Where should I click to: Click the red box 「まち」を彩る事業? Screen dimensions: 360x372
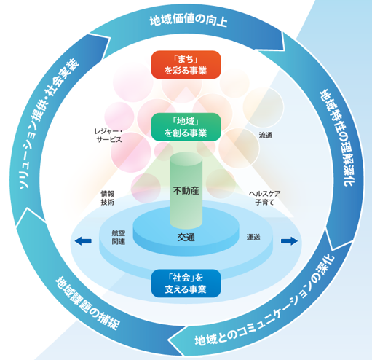pos(185,64)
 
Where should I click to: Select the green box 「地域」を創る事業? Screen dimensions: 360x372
pos(185,126)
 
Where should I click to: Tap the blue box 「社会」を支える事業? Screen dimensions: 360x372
pos(185,283)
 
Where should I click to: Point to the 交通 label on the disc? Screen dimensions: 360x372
pos(186,237)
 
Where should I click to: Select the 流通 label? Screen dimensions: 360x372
pos(266,136)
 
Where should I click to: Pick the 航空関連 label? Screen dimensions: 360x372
pos(119,236)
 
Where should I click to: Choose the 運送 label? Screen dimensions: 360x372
pos(253,237)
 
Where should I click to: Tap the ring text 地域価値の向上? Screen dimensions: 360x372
pos(188,20)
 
